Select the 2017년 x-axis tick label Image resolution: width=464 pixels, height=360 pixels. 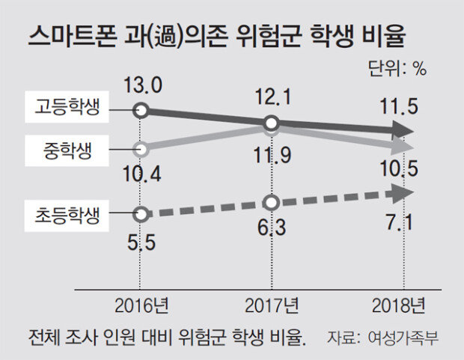tap(271, 305)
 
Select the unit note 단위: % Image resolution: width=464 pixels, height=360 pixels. tap(397, 68)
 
